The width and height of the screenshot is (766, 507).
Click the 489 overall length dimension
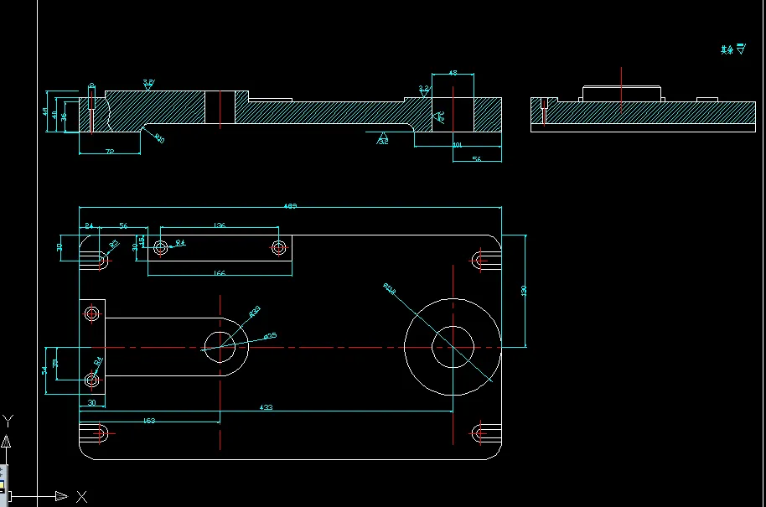[x=290, y=206]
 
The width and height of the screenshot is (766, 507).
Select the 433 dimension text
[x=266, y=408]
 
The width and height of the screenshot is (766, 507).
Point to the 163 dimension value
[x=149, y=420]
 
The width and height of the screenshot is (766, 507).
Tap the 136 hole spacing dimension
[x=220, y=225]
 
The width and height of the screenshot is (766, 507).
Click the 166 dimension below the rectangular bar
[x=220, y=273]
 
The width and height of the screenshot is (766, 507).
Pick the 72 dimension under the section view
[x=109, y=151]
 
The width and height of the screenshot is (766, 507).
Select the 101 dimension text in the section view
[x=457, y=145]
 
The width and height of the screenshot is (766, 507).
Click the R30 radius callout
[x=256, y=310]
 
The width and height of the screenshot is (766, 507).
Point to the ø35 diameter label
[x=270, y=336]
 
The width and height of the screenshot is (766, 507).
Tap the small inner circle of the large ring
[x=453, y=346]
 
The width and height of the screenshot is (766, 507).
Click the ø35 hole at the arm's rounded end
[x=220, y=346]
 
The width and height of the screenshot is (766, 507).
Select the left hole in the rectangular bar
[x=159, y=246]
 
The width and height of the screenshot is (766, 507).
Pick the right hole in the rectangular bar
[x=279, y=246]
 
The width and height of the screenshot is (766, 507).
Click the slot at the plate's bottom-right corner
[x=482, y=432]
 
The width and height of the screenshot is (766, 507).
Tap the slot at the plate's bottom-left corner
[x=101, y=432]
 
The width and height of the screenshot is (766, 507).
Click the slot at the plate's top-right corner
[x=482, y=260]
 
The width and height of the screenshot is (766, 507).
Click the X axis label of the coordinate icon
[x=81, y=497]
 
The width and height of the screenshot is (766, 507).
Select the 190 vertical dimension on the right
[x=524, y=290]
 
